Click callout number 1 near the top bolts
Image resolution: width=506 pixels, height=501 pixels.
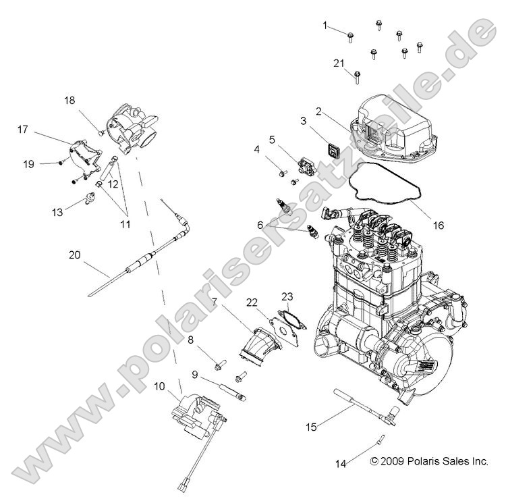[325, 26]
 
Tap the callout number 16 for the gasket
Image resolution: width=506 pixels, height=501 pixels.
[439, 225]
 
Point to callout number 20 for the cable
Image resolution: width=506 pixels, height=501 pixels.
[75, 255]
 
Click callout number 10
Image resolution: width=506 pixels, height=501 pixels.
[159, 386]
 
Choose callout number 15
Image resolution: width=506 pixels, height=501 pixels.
[311, 427]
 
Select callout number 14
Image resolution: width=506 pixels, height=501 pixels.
[341, 463]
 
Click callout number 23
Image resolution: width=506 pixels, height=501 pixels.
[287, 296]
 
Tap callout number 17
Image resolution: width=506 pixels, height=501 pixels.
[23, 129]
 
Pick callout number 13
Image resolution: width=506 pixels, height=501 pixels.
[57, 212]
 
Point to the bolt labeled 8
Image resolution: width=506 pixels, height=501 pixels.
[219, 365]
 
